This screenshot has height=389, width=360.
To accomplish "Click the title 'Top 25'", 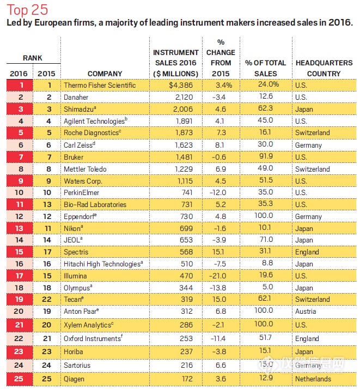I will pyautogui.click(x=27, y=10).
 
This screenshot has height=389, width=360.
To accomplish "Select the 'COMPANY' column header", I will pyautogui.click(x=105, y=74).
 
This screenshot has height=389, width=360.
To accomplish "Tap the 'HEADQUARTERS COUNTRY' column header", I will pyautogui.click(x=324, y=68).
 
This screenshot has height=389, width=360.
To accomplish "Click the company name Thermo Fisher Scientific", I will pyautogui.click(x=99, y=86).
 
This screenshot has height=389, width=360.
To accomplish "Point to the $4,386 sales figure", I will pyautogui.click(x=184, y=86).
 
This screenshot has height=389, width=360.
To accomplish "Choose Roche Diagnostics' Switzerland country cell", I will pyautogui.click(x=313, y=133).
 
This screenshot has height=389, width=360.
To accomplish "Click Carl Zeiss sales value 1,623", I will pyautogui.click(x=184, y=145).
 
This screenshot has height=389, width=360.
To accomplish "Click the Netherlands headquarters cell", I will pyautogui.click(x=313, y=379).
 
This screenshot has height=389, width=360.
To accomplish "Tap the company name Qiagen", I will pyautogui.click(x=75, y=379).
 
